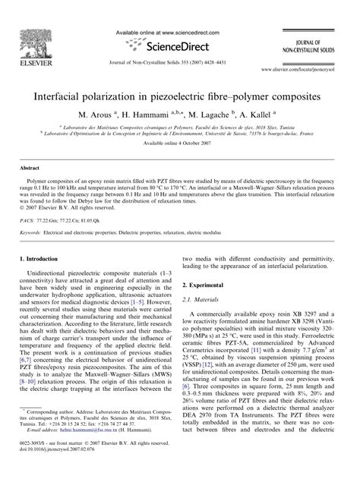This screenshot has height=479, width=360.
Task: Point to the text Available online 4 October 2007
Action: coord(179,143)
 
